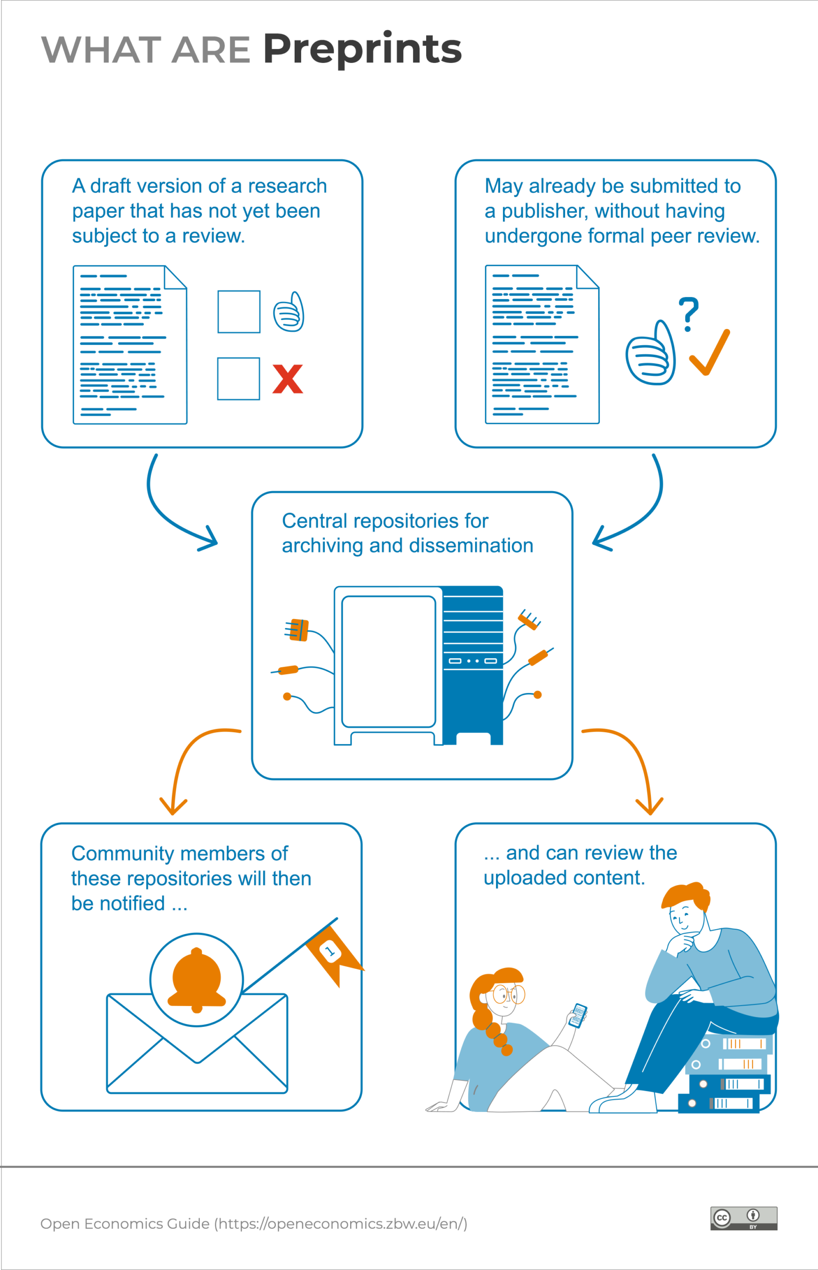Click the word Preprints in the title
pos(362,50)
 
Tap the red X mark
pos(287,379)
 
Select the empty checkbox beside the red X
pos(239,379)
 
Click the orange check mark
pos(710,352)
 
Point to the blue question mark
pos(689,314)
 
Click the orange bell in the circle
pos(196,979)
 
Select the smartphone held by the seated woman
pos(578,1015)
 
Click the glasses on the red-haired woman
pos(508,993)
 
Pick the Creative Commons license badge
pos(744,1218)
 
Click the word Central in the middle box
pos(315,521)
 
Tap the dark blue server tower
pos(473,664)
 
